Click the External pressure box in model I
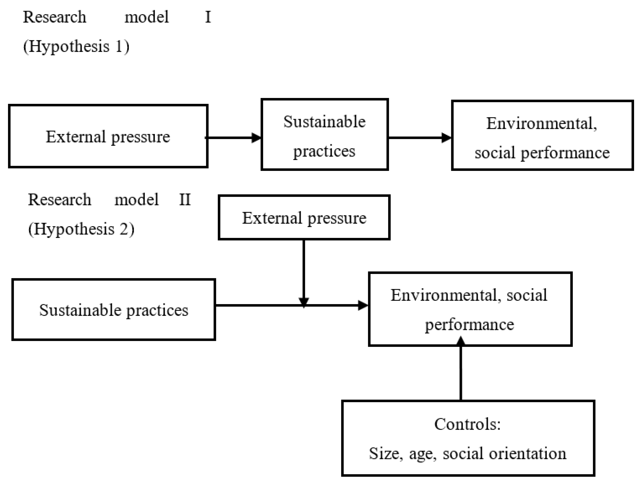108,136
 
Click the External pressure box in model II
304,217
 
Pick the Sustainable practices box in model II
113,310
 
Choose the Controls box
468,438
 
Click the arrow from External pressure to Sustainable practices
234,138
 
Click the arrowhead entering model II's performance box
363,305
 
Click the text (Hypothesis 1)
76,46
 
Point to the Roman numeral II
185,200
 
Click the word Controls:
467,424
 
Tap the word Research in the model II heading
59,200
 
